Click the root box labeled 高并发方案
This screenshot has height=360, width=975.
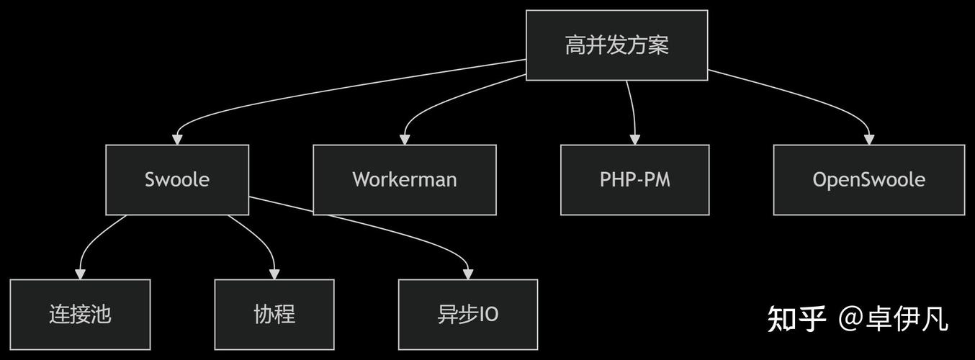click(x=616, y=45)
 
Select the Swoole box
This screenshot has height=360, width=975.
click(x=177, y=179)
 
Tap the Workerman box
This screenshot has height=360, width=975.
click(x=404, y=179)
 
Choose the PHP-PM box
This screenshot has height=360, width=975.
click(x=634, y=179)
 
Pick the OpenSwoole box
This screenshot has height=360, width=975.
click(x=868, y=179)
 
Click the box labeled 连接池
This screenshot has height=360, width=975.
click(x=80, y=314)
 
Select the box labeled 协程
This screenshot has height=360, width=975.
click(x=274, y=314)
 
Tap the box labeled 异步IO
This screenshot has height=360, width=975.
click(x=468, y=314)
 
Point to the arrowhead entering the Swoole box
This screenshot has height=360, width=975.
click(x=177, y=139)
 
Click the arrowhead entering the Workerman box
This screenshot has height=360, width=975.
click(x=405, y=139)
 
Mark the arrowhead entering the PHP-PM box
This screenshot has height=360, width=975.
click(x=635, y=139)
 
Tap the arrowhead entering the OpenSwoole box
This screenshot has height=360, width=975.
click(x=869, y=139)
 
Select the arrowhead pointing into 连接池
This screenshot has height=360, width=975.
click(x=80, y=274)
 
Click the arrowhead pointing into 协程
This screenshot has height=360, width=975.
click(x=274, y=274)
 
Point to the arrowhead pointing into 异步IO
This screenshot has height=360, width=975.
click(x=468, y=274)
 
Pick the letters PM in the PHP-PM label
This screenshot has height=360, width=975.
click(x=657, y=179)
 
